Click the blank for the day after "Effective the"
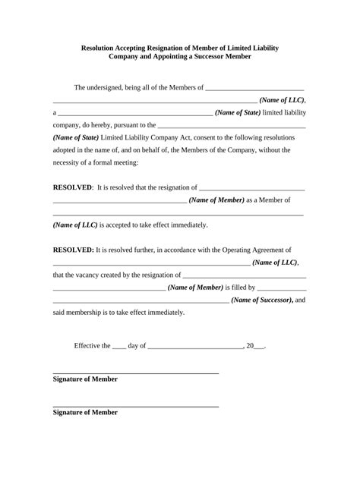[118, 347]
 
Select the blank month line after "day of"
[194, 347]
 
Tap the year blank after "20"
[258, 347]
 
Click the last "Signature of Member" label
[85, 413]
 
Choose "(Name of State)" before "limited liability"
[237, 113]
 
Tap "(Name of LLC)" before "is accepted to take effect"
[75, 225]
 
